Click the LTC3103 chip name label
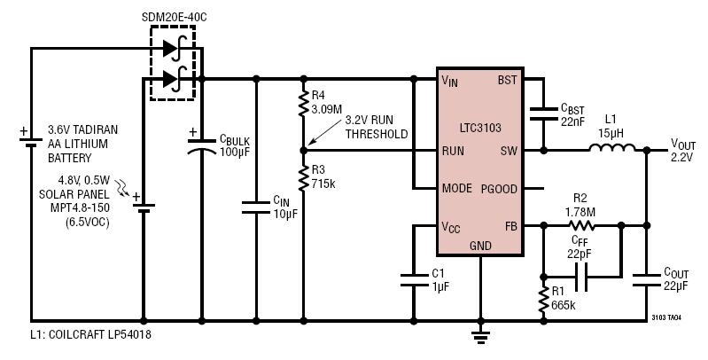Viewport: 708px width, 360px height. [x=480, y=128]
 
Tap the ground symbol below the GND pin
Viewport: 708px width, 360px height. [x=480, y=337]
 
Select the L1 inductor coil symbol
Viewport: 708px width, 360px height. [x=611, y=147]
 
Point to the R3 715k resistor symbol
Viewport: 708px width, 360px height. [x=303, y=177]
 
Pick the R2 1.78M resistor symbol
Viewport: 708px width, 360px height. [x=580, y=225]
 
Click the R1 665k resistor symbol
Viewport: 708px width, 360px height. [x=544, y=299]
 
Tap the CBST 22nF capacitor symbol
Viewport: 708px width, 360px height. [x=544, y=113]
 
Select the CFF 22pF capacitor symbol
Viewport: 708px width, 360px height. [x=580, y=277]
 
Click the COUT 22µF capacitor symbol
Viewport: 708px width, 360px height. [x=647, y=280]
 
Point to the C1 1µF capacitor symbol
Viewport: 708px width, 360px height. [x=414, y=279]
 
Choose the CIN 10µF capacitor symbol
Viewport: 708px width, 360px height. [x=256, y=207]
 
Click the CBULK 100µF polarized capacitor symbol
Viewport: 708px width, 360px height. [x=202, y=146]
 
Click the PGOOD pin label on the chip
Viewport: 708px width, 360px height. [x=499, y=189]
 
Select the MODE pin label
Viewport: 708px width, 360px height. [x=457, y=188]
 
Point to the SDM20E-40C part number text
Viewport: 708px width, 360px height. [x=175, y=18]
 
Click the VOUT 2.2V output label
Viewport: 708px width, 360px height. [x=683, y=151]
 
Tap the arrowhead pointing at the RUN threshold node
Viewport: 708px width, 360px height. [x=308, y=145]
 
